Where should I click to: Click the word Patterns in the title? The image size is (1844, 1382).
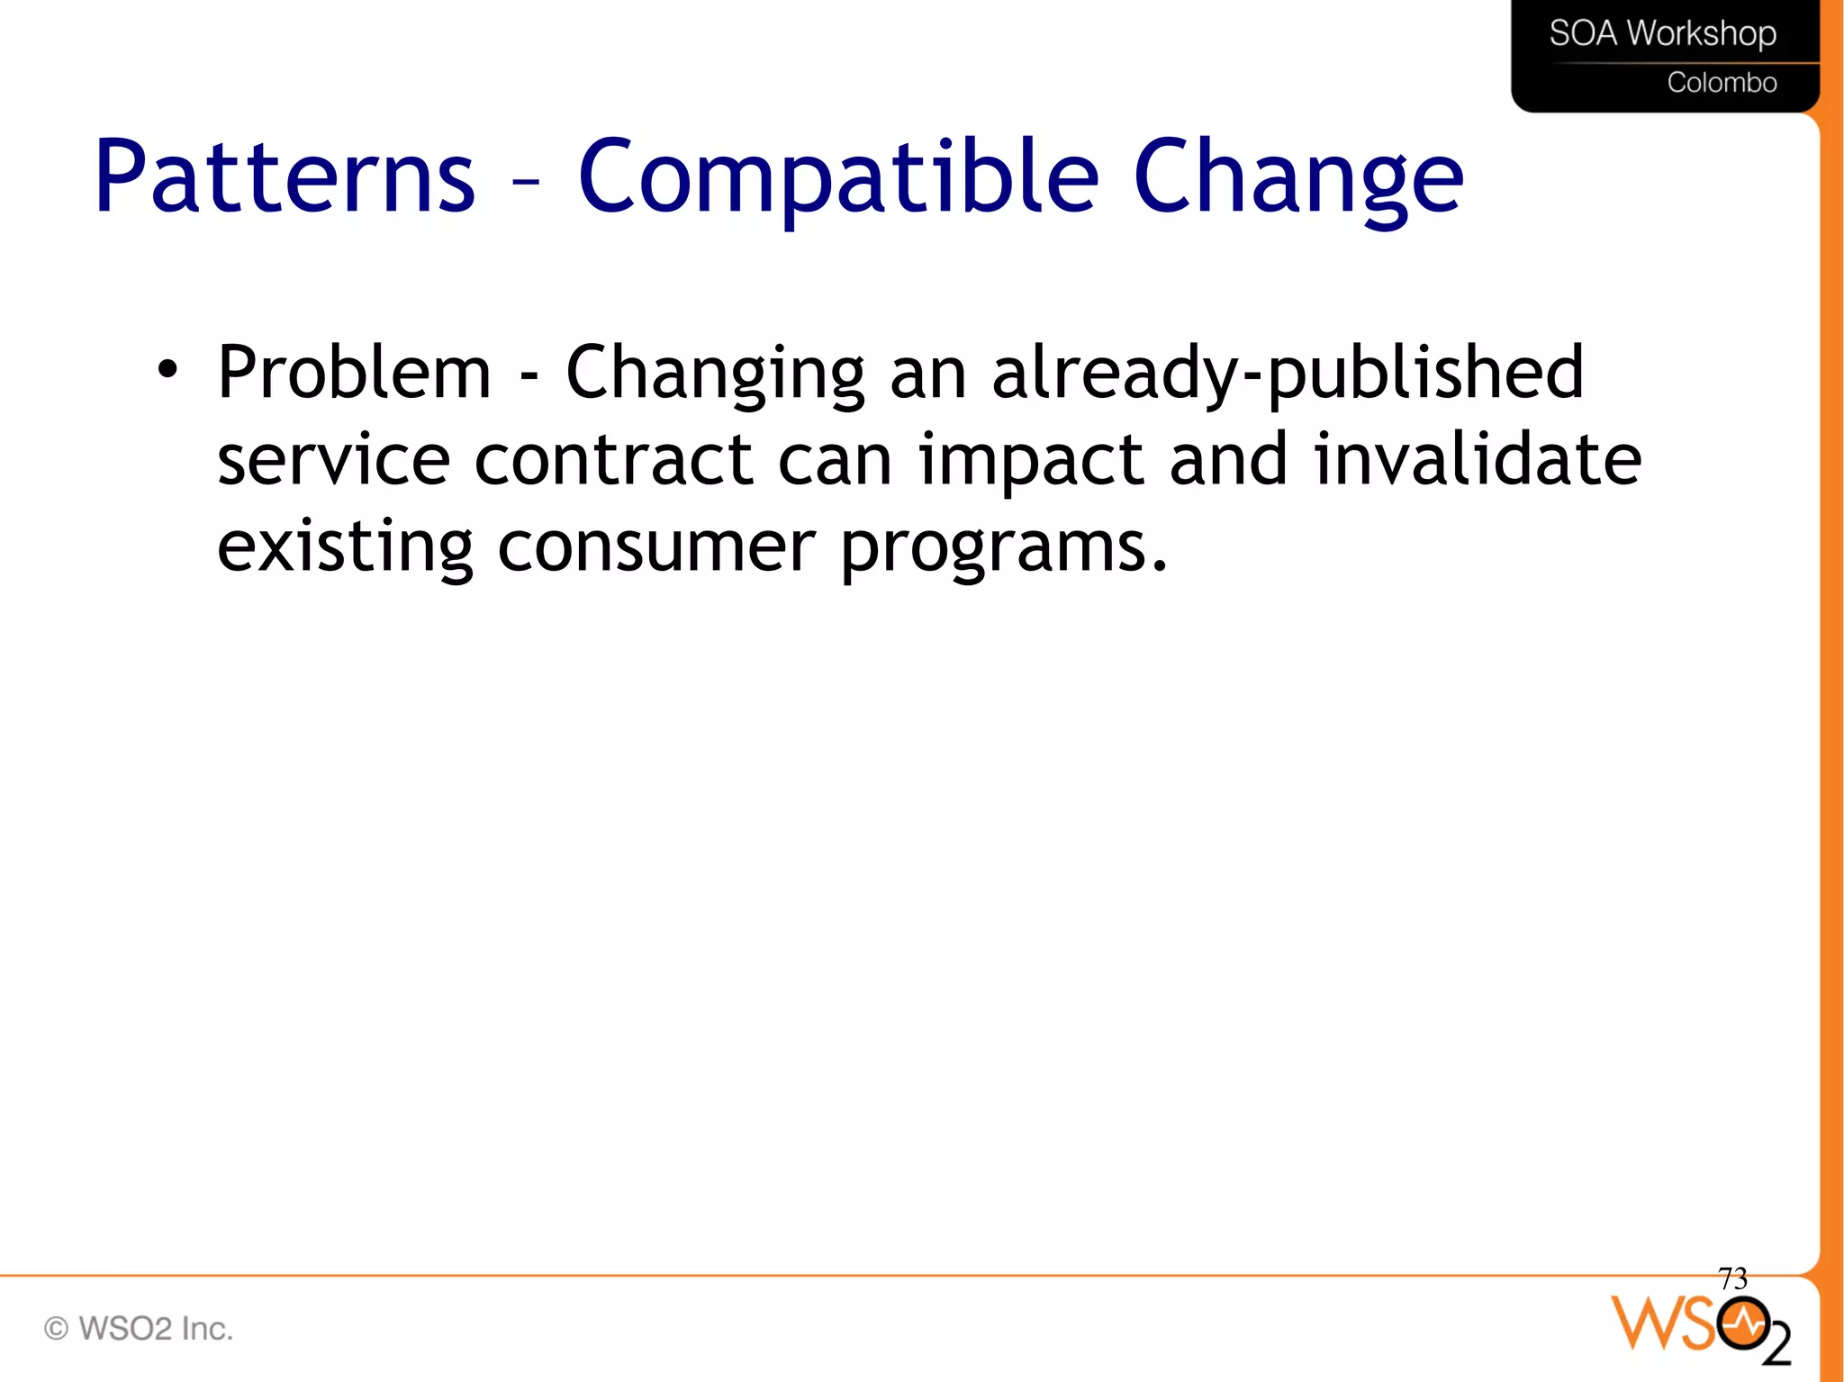click(x=285, y=176)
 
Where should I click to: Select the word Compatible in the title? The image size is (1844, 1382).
click(x=837, y=176)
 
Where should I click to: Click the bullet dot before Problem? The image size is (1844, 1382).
click(x=167, y=369)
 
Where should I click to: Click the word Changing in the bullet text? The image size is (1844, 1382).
click(x=715, y=373)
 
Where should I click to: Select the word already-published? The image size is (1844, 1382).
click(x=1287, y=373)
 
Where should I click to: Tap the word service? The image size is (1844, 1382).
click(x=333, y=459)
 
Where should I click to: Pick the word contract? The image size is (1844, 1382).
click(x=613, y=459)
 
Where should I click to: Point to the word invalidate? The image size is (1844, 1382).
click(x=1477, y=459)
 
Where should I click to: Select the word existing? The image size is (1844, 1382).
click(x=345, y=547)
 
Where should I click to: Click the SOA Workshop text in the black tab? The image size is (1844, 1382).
click(x=1662, y=34)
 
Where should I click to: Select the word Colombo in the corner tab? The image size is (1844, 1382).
click(x=1722, y=83)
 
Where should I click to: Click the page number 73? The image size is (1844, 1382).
click(x=1732, y=1278)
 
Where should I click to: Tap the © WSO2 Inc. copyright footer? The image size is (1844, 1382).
click(x=139, y=1328)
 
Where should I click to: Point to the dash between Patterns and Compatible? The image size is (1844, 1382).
click(x=525, y=181)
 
